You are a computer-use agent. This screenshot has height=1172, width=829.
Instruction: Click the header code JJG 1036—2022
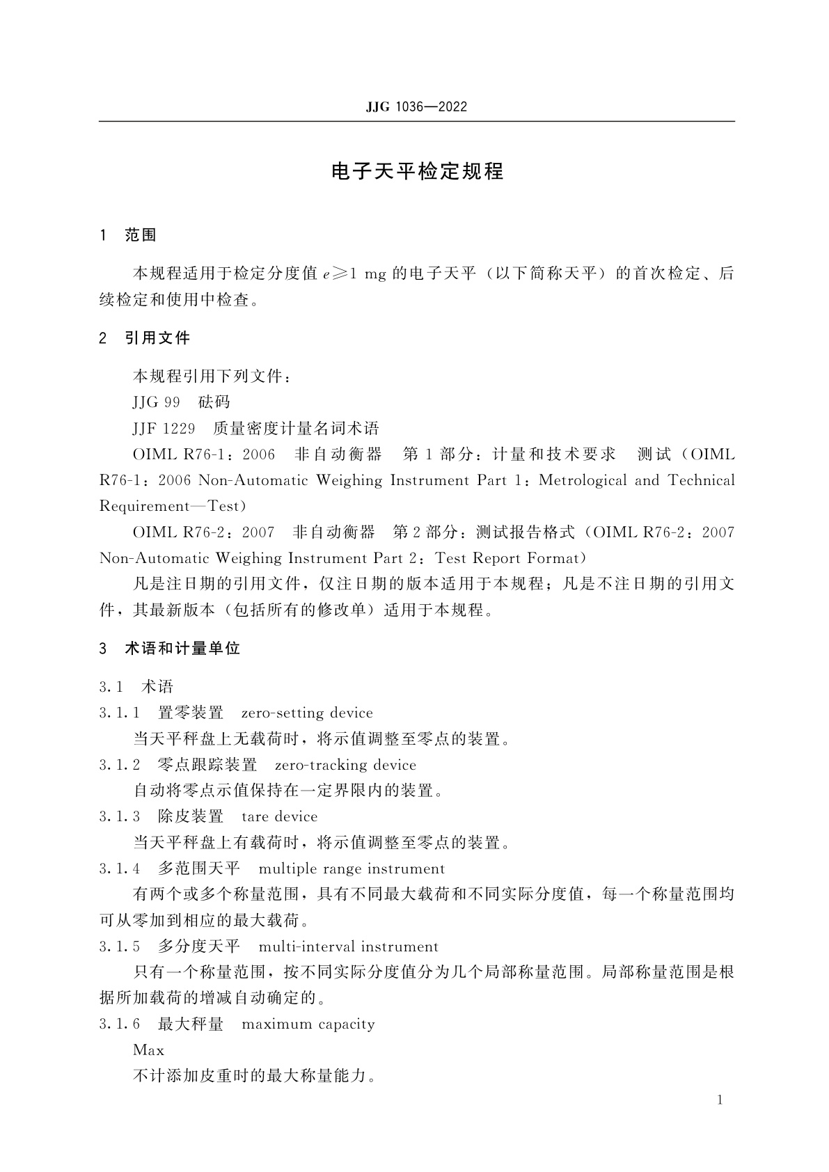(x=416, y=107)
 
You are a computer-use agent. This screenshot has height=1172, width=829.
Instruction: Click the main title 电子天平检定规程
(x=417, y=172)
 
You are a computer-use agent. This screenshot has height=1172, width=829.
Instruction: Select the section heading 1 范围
(x=129, y=235)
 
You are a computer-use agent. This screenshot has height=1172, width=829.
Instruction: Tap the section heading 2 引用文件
(x=145, y=338)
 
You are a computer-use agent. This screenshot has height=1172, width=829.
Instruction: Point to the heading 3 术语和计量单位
(x=170, y=649)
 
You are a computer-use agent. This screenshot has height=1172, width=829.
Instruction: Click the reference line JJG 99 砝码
(x=181, y=402)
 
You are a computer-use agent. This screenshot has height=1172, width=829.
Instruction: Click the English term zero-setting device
(x=307, y=713)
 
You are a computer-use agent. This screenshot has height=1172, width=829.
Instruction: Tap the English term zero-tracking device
(x=345, y=765)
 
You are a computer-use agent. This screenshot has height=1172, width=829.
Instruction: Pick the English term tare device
(x=279, y=816)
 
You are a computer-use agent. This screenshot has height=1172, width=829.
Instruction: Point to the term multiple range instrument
(x=352, y=869)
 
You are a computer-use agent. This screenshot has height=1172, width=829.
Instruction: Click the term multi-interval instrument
(x=348, y=947)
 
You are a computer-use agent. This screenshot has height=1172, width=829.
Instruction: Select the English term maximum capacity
(x=308, y=1024)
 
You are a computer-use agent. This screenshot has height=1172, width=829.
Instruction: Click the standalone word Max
(x=148, y=1050)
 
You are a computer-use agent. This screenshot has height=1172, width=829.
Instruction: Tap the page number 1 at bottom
(x=720, y=1100)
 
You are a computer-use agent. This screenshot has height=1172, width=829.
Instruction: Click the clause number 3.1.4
(x=120, y=869)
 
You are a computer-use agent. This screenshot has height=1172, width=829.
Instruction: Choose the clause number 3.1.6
(x=120, y=1024)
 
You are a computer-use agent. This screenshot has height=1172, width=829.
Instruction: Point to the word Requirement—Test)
(x=173, y=506)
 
